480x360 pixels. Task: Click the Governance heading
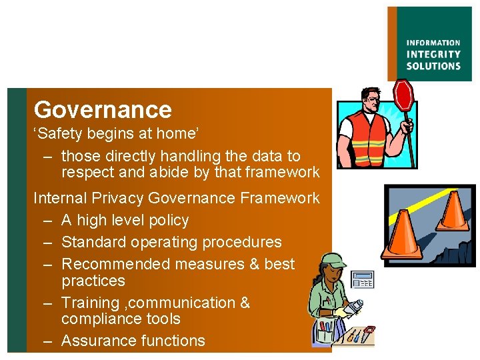(x=103, y=109)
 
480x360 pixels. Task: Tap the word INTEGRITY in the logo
(x=433, y=54)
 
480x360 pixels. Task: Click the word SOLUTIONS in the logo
(x=433, y=66)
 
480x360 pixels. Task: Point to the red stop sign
(x=403, y=95)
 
